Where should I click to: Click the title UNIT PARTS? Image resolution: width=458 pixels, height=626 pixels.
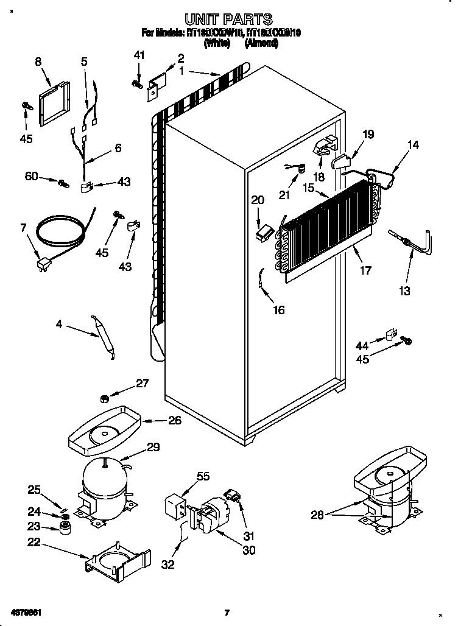pos(228,20)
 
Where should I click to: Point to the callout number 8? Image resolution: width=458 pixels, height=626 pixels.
pos(38,62)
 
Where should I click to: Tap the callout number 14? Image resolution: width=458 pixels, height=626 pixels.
pos(414,146)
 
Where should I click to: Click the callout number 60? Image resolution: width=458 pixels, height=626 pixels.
pos(32,177)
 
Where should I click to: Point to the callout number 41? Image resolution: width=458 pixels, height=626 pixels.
pos(139,55)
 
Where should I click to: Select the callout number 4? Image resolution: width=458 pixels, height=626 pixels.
pos(58,325)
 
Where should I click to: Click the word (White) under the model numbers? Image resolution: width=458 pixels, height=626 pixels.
pos(217,44)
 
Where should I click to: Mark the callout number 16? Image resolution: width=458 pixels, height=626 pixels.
pos(279,310)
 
